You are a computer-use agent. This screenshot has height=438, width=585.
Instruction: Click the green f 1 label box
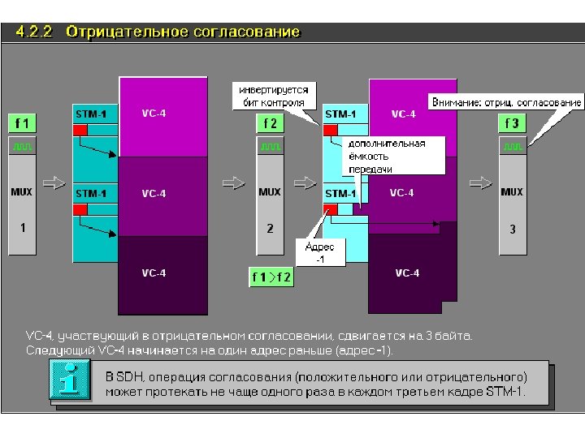tap(22, 124)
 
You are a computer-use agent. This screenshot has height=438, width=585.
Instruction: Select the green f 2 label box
tap(270, 124)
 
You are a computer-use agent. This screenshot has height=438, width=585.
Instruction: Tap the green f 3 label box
tap(512, 124)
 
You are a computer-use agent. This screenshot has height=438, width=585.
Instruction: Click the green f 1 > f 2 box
tap(271, 277)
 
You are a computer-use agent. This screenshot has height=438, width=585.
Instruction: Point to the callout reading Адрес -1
tap(319, 252)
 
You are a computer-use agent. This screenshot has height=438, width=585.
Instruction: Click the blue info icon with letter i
tap(70, 381)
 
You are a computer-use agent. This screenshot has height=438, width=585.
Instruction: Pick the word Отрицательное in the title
tap(126, 32)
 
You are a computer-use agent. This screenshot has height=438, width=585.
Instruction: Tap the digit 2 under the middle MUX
tap(271, 229)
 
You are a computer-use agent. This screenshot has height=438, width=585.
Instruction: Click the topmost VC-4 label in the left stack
tap(154, 114)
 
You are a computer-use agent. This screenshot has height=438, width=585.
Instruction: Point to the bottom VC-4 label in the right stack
tap(407, 273)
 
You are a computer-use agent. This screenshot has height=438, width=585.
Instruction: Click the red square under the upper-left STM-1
tap(80, 131)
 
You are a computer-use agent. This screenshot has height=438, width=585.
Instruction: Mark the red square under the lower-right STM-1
tap(331, 210)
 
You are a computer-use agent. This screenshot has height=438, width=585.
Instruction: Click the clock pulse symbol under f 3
tap(512, 147)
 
